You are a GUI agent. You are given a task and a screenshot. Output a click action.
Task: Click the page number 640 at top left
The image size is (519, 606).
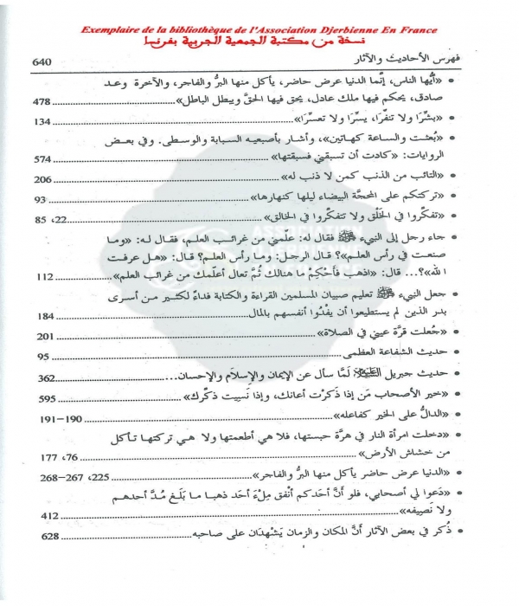point(43,63)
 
